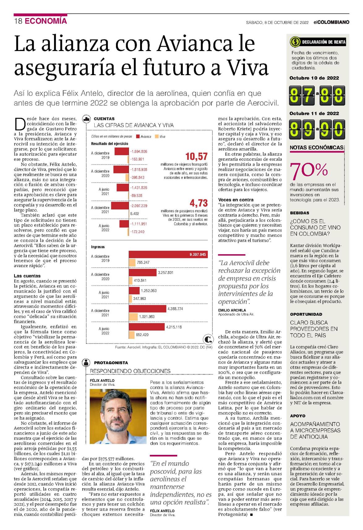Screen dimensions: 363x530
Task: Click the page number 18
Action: point(18,21)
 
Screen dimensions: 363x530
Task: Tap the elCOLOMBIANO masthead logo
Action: point(331,22)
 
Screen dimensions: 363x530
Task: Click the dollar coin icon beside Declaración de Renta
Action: point(295,42)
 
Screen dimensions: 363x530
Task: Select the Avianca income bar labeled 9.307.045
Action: point(168,254)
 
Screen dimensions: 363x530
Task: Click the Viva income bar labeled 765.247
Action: point(132,263)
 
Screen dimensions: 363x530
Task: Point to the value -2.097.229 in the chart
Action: point(139,206)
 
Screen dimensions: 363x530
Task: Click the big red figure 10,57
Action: point(196,156)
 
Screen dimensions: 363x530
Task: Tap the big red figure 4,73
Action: point(199,203)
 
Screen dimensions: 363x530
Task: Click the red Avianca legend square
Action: point(138,137)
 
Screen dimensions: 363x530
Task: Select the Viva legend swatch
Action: point(156,137)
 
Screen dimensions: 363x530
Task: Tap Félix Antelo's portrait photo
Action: point(118,417)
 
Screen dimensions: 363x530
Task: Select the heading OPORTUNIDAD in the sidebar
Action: point(306,314)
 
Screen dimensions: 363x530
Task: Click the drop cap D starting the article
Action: point(20,124)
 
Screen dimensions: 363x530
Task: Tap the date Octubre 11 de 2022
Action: point(314,113)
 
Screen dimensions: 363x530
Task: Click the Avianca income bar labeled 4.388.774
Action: point(147,309)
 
